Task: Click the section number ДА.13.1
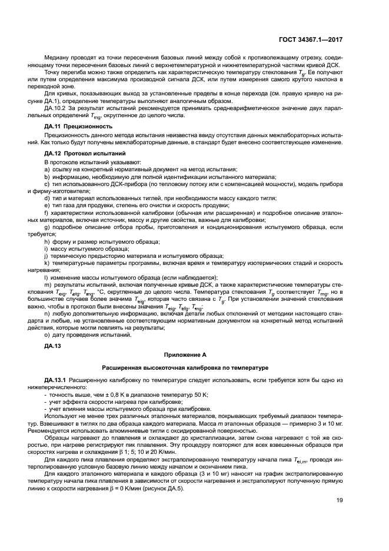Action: [x=58, y=380]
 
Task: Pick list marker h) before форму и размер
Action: [x=46, y=241]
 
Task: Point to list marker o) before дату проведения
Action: [x=46, y=334]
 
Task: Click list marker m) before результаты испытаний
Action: [x=47, y=284]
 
